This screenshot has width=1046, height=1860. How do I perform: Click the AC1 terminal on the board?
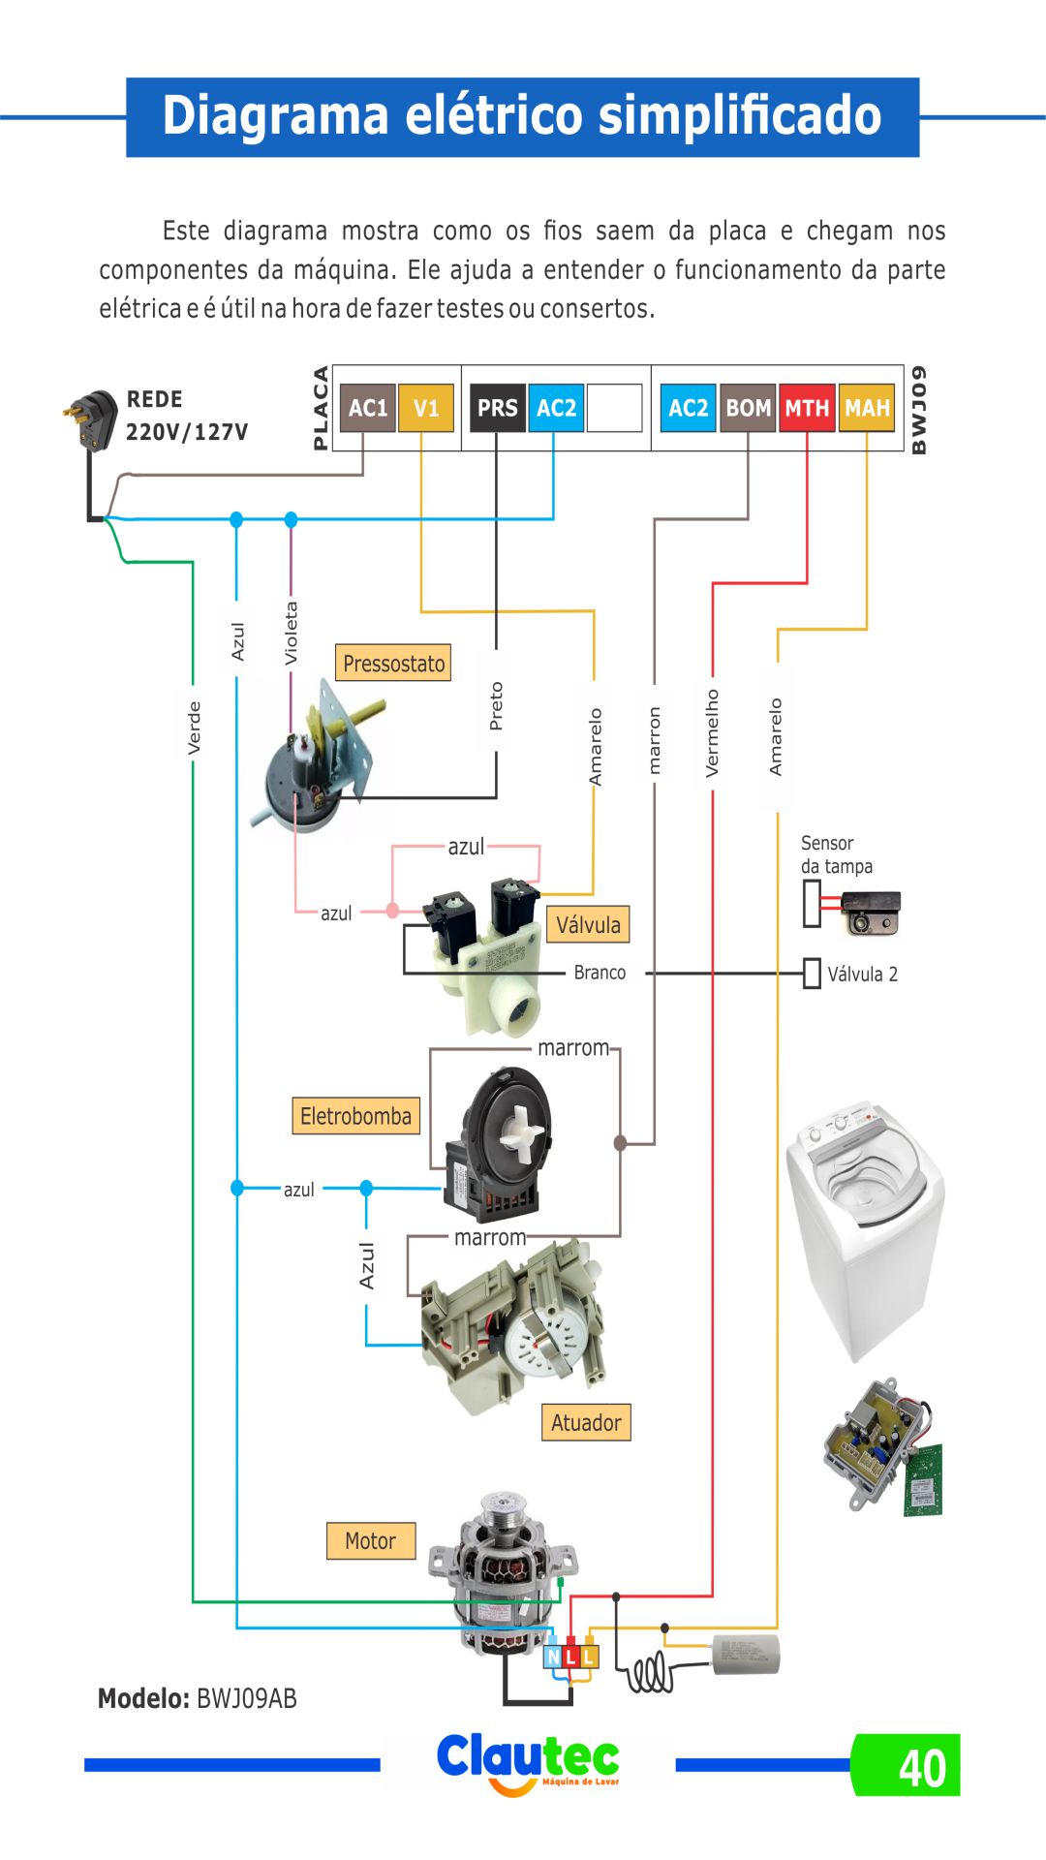pos(368,408)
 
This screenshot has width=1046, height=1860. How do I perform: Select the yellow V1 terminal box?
pos(426,408)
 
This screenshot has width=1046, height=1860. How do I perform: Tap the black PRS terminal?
pos(497,408)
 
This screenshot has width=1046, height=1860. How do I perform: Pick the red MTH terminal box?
pos(807,408)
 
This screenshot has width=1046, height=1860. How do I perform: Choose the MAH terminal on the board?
pos(867,408)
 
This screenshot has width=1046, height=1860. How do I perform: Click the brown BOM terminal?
pos(748,408)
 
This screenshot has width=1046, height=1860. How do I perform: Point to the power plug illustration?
pos(90,420)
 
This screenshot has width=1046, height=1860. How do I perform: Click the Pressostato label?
pos(393,664)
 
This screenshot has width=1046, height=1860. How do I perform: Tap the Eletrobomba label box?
pos(355,1116)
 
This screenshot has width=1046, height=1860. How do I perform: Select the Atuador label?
pos(586,1422)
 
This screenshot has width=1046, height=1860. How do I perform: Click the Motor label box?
pos(371,1540)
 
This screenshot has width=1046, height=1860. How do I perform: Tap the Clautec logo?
pos(528,1761)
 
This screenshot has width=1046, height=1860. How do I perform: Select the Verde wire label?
pos(195,728)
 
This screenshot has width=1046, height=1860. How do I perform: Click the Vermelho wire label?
pos(713,732)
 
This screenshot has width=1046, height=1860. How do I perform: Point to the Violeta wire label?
pos(292,634)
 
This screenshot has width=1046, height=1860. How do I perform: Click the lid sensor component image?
pos(869,912)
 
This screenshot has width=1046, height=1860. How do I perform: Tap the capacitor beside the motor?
pos(746,1655)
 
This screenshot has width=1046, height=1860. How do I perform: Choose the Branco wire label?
pos(600,973)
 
